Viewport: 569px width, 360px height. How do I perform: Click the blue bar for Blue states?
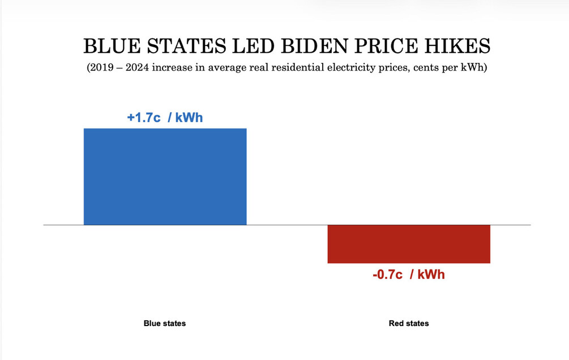[x=165, y=177]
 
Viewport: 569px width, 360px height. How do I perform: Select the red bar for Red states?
[x=409, y=244]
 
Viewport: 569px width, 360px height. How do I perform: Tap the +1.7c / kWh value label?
[x=165, y=118]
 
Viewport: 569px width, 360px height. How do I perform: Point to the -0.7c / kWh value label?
[x=409, y=275]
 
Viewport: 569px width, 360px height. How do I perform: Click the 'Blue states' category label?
[x=165, y=324]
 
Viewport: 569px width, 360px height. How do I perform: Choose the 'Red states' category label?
[x=409, y=324]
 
